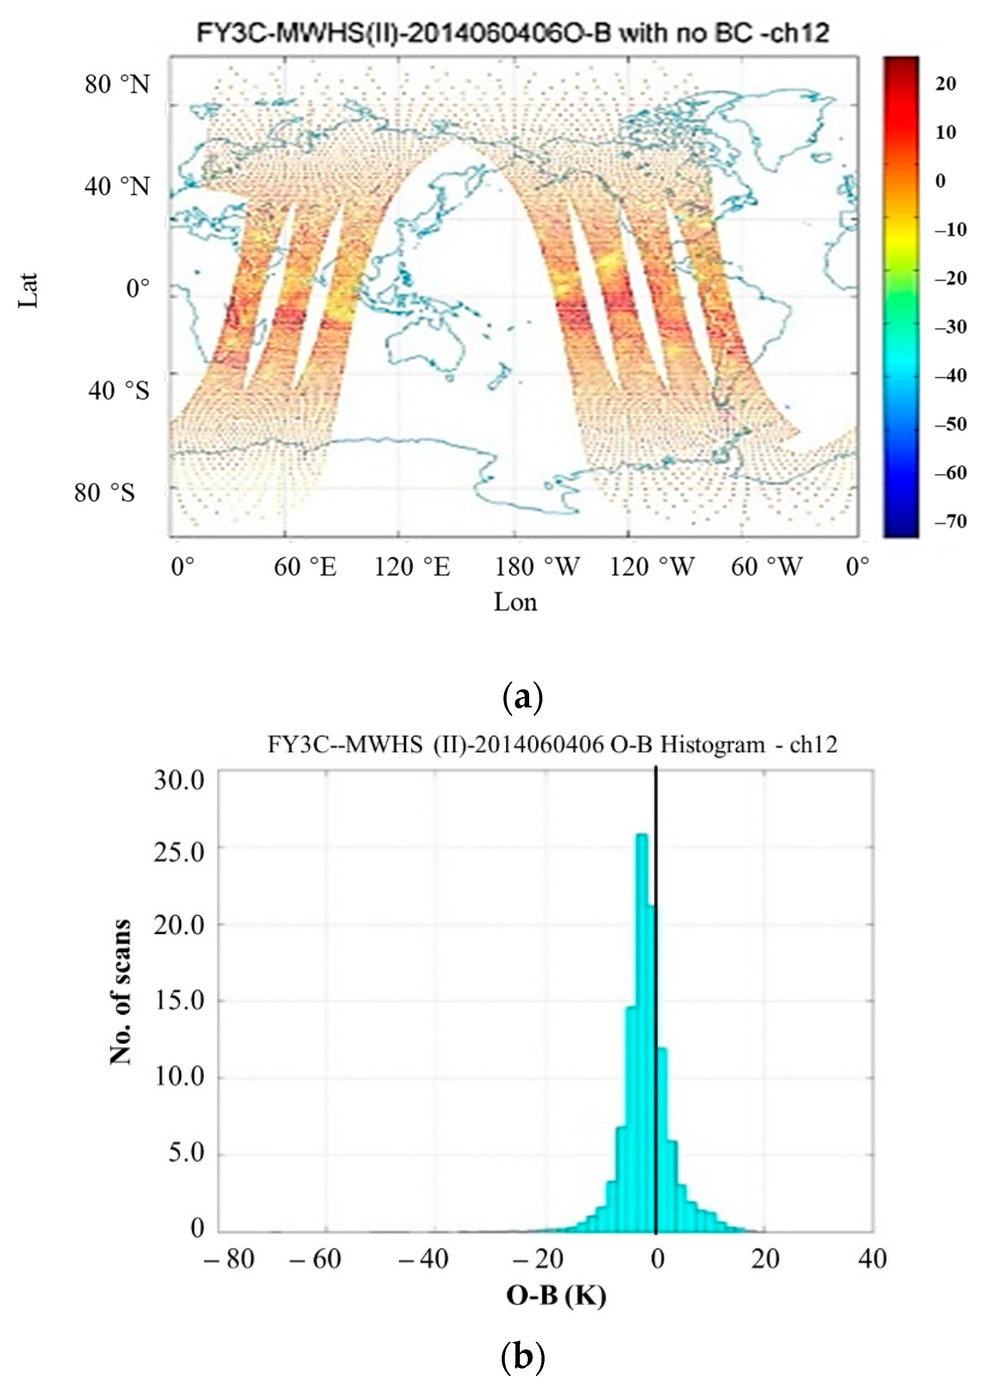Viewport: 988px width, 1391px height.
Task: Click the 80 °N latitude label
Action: [117, 84]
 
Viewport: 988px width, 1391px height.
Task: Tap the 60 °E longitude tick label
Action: [305, 566]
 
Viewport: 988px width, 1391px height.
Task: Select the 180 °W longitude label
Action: [537, 566]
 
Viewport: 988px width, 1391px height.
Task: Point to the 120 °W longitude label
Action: [651, 566]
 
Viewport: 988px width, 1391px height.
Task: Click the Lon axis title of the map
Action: [515, 602]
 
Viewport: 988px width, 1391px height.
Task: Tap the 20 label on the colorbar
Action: [946, 84]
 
